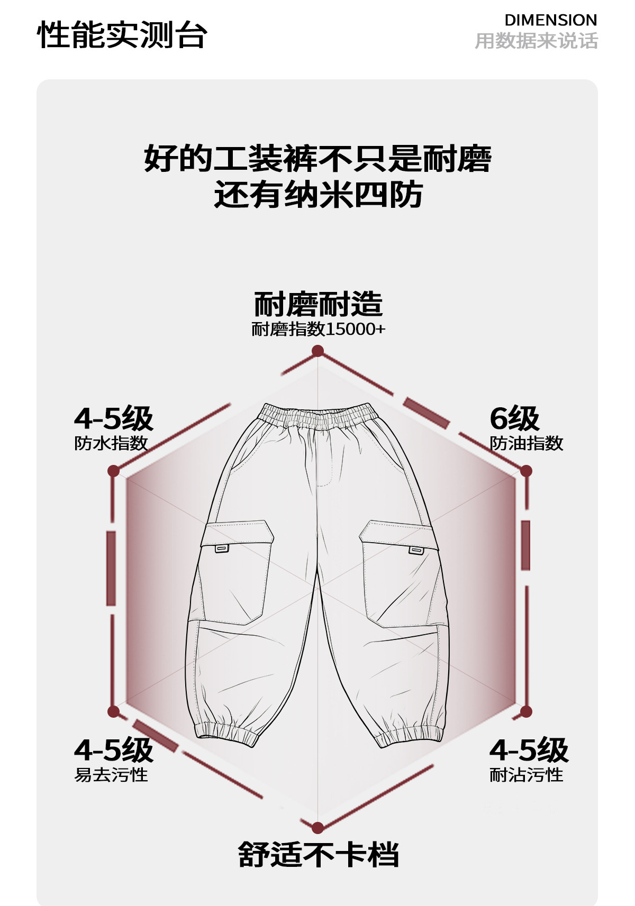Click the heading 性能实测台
pyautogui.click(x=122, y=35)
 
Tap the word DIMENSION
pyautogui.click(x=551, y=20)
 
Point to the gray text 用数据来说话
pyautogui.click(x=536, y=41)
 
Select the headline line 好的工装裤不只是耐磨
pyautogui.click(x=317, y=158)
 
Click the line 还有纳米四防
pyautogui.click(x=318, y=195)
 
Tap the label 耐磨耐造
pyautogui.click(x=318, y=304)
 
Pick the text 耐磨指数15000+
pyautogui.click(x=318, y=329)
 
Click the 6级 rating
pyautogui.click(x=514, y=418)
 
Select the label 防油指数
pyautogui.click(x=526, y=443)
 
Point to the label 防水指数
pyautogui.click(x=111, y=443)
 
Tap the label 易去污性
pyautogui.click(x=111, y=775)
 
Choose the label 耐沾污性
pyautogui.click(x=526, y=775)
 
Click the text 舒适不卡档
pyautogui.click(x=318, y=855)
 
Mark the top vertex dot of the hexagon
pyautogui.click(x=317, y=351)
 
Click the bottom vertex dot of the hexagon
pyautogui.click(x=317, y=828)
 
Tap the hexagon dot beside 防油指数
pyautogui.click(x=525, y=471)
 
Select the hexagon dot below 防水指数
pyautogui.click(x=114, y=471)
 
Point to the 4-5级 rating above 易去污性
pyautogui.click(x=114, y=750)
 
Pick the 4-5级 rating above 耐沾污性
pyautogui.click(x=529, y=750)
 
